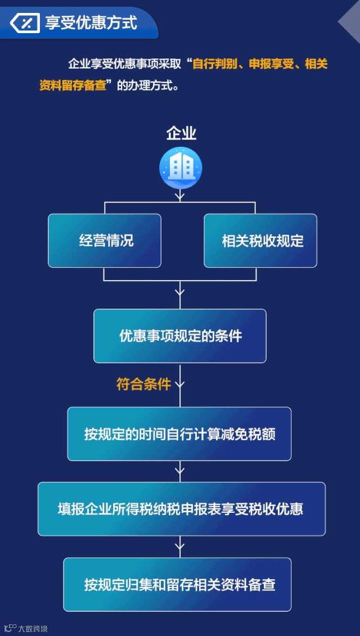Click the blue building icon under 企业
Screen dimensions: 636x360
(x=181, y=168)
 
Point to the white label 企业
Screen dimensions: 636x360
(x=181, y=133)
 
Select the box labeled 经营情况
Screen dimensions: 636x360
(x=105, y=241)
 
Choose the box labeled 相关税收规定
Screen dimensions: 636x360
(x=260, y=241)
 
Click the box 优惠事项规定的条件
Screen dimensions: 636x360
(x=180, y=336)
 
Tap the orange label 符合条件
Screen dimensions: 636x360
(x=143, y=385)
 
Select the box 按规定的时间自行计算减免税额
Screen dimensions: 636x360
(x=179, y=434)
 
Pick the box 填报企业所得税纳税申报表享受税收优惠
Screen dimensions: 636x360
(x=181, y=509)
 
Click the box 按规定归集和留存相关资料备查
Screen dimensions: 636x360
(x=177, y=584)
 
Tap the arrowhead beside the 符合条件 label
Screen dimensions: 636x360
(x=180, y=385)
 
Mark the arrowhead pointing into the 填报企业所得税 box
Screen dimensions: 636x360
(x=180, y=468)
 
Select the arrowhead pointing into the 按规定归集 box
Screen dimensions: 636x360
(x=180, y=544)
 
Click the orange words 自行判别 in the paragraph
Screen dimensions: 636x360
(x=212, y=64)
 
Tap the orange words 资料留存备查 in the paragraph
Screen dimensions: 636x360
(x=73, y=86)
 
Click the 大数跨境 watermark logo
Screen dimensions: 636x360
(x=25, y=628)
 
